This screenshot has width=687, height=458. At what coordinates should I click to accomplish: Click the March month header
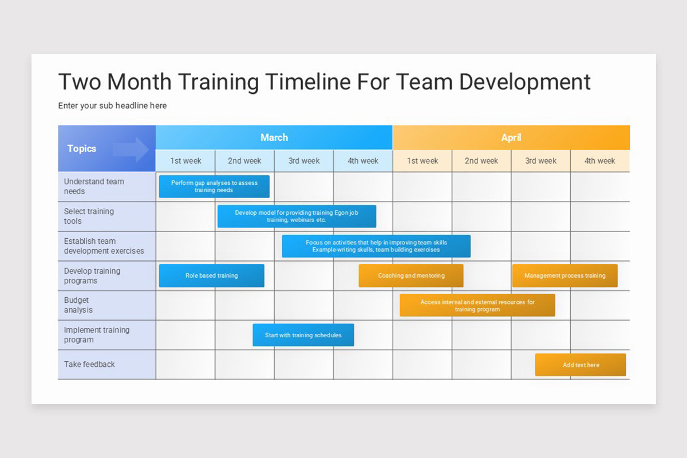(274, 137)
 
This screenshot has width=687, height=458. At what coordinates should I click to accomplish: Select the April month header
(511, 137)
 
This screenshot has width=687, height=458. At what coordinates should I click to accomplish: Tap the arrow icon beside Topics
(131, 149)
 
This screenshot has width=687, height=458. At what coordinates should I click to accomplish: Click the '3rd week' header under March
(304, 161)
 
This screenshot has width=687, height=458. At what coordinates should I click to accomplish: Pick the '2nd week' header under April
(481, 161)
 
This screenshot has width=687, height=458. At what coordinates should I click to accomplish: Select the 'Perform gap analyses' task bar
(214, 187)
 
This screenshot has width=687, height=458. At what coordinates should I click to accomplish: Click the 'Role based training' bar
(212, 275)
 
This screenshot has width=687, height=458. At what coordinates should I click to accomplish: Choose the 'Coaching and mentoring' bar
(411, 275)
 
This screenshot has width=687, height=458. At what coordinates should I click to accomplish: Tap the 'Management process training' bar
(565, 275)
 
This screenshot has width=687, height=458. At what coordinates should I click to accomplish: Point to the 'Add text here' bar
(581, 365)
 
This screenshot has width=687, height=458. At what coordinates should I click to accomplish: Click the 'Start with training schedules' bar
(303, 335)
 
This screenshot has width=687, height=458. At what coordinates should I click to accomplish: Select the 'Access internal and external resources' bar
(477, 305)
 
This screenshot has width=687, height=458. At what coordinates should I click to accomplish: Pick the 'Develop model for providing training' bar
(297, 216)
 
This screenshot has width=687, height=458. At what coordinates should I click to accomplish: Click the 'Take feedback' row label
(89, 365)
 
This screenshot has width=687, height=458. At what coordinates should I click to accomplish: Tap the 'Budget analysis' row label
(78, 305)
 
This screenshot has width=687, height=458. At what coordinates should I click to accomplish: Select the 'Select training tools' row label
(89, 216)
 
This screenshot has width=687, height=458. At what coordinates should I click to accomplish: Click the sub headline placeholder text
(112, 105)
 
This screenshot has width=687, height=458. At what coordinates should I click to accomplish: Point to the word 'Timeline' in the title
(308, 82)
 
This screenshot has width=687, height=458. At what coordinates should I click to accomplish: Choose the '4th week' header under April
(599, 161)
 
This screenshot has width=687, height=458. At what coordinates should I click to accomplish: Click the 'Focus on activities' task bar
(376, 246)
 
